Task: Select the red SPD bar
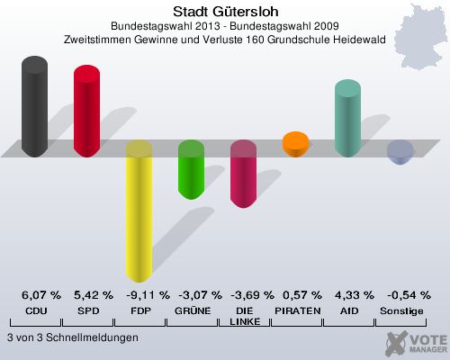tap(86, 111)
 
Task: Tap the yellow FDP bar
tap(139, 211)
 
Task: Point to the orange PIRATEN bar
tap(295, 143)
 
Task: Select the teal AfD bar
tap(347, 118)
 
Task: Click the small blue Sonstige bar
tap(400, 153)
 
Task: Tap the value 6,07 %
tap(40, 295)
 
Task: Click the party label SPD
tap(87, 310)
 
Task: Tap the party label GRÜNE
tap(191, 310)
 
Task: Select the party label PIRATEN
tap(295, 310)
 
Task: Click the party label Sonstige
tap(400, 310)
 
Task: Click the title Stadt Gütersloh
tap(224, 12)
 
